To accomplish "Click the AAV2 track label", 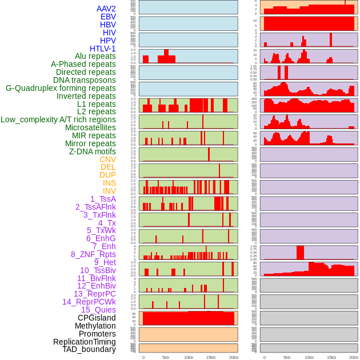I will pyautogui.click(x=106, y=9).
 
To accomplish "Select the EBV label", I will pyautogui.click(x=108, y=17).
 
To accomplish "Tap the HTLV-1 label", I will pyautogui.click(x=103, y=49).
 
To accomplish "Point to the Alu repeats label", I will pyautogui.click(x=95, y=56).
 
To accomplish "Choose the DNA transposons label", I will pyautogui.click(x=85, y=80).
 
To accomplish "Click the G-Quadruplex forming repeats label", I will pyautogui.click(x=61, y=88).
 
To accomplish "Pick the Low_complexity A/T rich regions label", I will pyautogui.click(x=58, y=119).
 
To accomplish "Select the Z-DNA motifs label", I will pyautogui.click(x=93, y=151).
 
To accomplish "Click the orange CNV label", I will pyautogui.click(x=107, y=159).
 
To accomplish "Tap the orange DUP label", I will pyautogui.click(x=107, y=175).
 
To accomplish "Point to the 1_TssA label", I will pyautogui.click(x=103, y=199).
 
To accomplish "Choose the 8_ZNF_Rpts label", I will pyautogui.click(x=93, y=254).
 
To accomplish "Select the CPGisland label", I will pyautogui.click(x=97, y=318).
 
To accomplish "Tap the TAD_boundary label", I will pyautogui.click(x=89, y=349).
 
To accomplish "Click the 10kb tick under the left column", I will pyautogui.click(x=189, y=357).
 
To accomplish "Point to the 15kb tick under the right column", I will pyautogui.click(x=331, y=357).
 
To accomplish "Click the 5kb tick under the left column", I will pyautogui.click(x=166, y=357).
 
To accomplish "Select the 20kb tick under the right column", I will pyautogui.click(x=354, y=357).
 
